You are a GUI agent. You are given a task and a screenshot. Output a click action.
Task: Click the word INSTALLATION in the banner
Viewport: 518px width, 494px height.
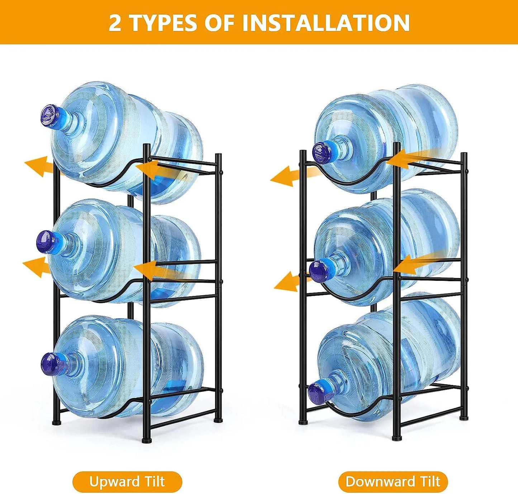[326, 23]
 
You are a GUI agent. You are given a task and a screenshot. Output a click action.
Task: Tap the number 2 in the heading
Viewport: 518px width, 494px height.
[115, 23]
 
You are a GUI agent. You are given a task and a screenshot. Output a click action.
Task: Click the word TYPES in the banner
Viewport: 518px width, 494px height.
[163, 23]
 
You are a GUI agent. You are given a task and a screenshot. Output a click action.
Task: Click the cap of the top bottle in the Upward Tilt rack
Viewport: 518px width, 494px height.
[50, 115]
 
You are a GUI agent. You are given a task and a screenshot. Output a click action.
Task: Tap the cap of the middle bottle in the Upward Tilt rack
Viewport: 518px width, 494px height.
[45, 242]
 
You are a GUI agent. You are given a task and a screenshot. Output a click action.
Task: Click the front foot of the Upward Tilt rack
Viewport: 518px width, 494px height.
[146, 439]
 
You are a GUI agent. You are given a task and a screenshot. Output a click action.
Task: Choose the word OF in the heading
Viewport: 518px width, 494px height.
[219, 23]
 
